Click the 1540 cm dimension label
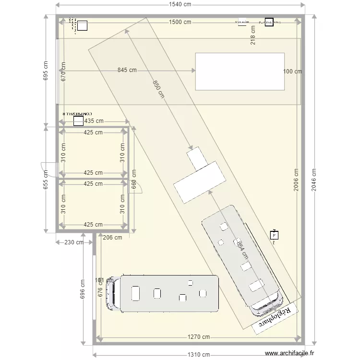click(180, 5)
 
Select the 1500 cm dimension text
click(180, 22)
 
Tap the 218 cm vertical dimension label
click(253, 35)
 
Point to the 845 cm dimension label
click(127, 70)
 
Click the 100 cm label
click(292, 72)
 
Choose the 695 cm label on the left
click(46, 71)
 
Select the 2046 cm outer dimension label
click(314, 180)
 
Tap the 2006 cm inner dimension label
click(296, 180)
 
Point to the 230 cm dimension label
click(73, 243)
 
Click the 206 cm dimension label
click(112, 237)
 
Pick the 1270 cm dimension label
click(199, 337)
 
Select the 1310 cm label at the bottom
click(199, 355)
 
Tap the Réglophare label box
click(275, 317)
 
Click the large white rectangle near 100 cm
click(240, 72)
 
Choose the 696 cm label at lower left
click(82, 292)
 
